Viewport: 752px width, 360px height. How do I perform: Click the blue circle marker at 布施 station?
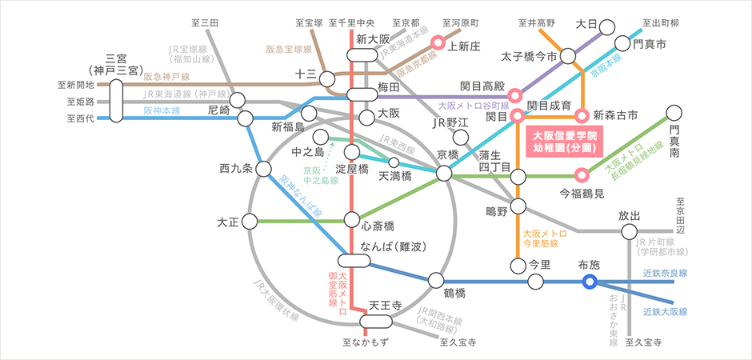[x=590, y=281]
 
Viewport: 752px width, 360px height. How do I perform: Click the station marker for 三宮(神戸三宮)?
[x=117, y=99]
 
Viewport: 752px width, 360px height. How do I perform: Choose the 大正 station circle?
[x=250, y=221]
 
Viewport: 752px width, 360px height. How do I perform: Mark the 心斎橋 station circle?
[x=352, y=220]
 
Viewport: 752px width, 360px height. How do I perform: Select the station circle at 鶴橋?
[x=436, y=280]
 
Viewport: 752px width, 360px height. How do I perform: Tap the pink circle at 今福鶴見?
[x=582, y=174]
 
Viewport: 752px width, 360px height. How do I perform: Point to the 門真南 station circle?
[x=675, y=114]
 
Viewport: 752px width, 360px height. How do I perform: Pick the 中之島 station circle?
[x=322, y=138]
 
